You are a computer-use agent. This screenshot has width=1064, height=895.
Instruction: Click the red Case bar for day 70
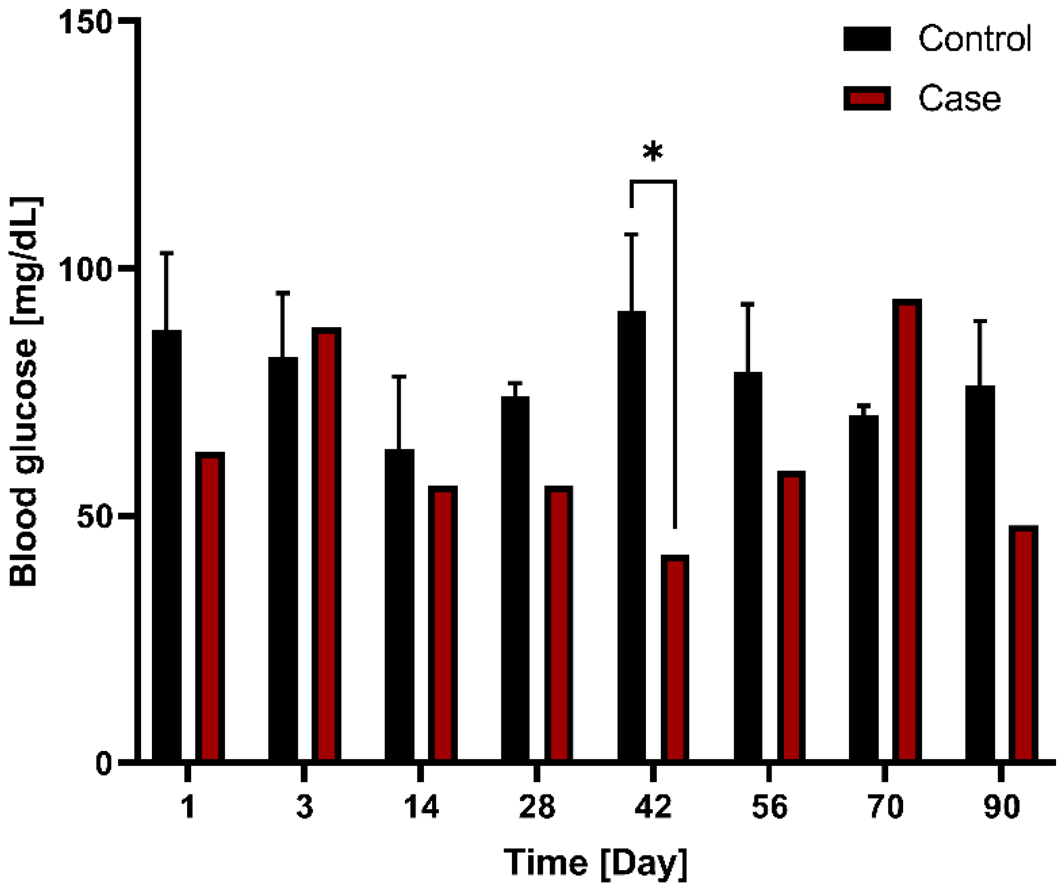[907, 530]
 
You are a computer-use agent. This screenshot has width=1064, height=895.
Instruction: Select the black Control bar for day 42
[631, 535]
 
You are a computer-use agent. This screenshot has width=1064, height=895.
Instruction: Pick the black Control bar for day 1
[166, 546]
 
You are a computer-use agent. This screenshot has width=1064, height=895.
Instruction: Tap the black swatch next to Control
[866, 39]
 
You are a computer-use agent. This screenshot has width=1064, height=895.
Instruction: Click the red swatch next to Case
[866, 98]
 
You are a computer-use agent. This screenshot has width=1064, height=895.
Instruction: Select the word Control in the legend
[974, 39]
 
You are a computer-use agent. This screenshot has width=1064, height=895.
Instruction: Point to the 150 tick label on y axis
[85, 23]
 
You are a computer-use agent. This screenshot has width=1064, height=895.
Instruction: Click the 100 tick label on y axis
[85, 270]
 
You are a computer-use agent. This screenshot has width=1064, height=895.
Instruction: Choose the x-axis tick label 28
[536, 807]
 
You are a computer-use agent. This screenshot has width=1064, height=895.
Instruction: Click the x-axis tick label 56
[769, 807]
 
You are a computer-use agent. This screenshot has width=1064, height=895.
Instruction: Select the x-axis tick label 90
[1001, 807]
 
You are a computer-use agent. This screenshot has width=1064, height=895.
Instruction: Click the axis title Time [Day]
[595, 863]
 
